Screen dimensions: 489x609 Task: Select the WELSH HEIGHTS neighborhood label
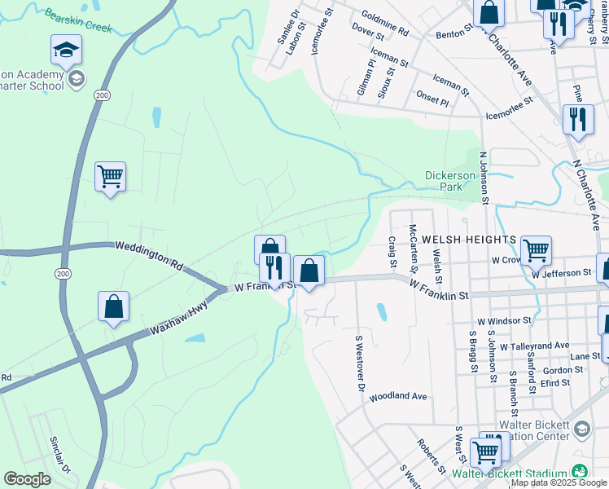[x=468, y=240]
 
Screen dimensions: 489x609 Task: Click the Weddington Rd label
[x=149, y=253]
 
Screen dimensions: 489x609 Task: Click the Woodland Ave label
[x=398, y=397]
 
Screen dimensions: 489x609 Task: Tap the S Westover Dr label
[x=358, y=363]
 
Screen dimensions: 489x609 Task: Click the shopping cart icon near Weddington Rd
[x=110, y=176]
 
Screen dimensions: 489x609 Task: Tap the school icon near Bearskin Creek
[x=66, y=51]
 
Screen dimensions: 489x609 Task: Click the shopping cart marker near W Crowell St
[x=536, y=249]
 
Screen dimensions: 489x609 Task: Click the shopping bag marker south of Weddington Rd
[x=114, y=306]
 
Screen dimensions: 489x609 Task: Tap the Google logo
[x=27, y=479]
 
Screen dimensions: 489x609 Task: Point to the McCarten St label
[x=413, y=238]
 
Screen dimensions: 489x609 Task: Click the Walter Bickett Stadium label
[x=510, y=473]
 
